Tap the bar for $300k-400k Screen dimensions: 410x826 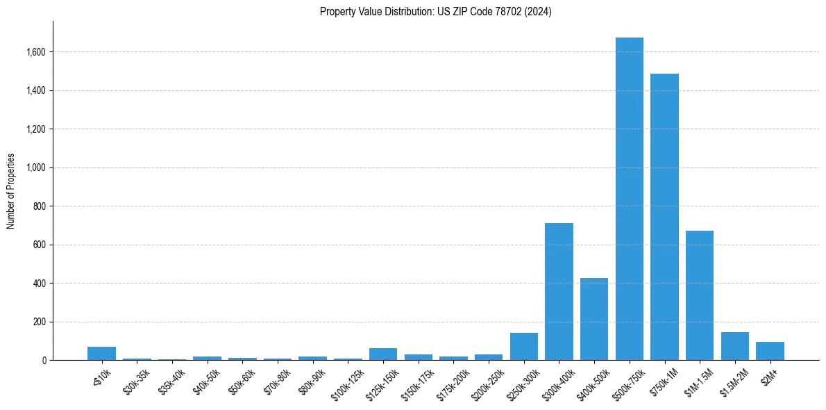click(559, 292)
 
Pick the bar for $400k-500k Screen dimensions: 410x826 click(594, 319)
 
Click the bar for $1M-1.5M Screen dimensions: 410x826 click(700, 295)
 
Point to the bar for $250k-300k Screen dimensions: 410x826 click(523, 347)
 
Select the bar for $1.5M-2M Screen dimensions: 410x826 click(734, 346)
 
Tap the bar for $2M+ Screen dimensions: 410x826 click(770, 351)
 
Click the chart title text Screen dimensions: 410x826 click(435, 12)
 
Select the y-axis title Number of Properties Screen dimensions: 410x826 click(11, 190)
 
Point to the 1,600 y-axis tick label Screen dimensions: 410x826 click(36, 52)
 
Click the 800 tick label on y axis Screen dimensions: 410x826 click(40, 206)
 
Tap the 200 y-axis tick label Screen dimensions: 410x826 click(40, 322)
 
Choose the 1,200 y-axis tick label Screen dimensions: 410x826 click(36, 129)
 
